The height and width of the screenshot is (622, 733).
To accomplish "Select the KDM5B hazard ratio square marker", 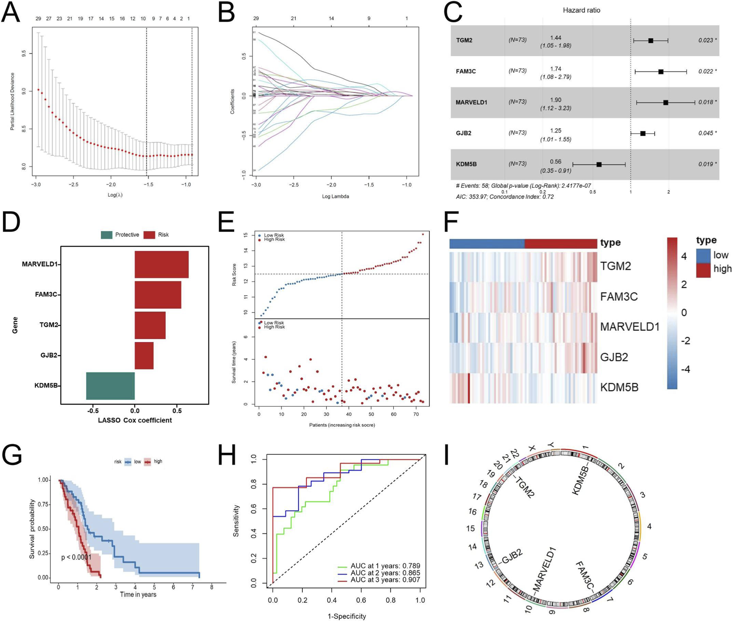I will click(x=599, y=165).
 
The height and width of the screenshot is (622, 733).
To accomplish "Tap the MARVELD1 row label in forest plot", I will click(x=471, y=102).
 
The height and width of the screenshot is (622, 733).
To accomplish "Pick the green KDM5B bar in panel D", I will click(x=110, y=386).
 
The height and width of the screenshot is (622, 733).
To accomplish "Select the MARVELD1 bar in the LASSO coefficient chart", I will click(x=161, y=264).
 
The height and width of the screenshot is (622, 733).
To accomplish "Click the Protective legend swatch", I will click(x=106, y=235).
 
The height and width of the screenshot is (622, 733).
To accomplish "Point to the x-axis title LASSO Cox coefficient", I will click(x=135, y=420).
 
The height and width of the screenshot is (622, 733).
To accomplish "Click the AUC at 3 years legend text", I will click(x=385, y=580).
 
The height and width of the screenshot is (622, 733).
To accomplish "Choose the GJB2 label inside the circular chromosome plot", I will click(x=512, y=557).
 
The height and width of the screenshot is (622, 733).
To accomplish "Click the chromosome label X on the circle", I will click(x=532, y=449).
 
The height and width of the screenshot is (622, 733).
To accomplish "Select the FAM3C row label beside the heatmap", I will click(x=619, y=297).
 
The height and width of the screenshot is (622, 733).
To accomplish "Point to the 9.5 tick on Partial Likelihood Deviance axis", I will click(x=24, y=53).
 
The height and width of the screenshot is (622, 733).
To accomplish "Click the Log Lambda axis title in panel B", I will click(x=335, y=197).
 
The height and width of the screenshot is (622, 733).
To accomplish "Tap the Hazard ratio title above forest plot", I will click(x=581, y=10).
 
